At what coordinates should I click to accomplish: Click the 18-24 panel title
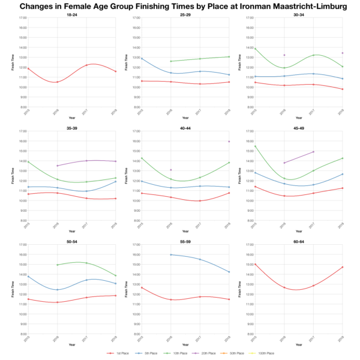72,14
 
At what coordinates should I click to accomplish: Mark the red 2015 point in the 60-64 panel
255,264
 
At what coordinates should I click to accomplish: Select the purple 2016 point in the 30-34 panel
284,55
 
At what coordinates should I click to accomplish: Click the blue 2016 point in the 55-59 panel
170,254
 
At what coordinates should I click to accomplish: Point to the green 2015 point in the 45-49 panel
255,146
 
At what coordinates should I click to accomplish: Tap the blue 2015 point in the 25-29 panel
142,58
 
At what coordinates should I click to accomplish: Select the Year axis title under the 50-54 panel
72,344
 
